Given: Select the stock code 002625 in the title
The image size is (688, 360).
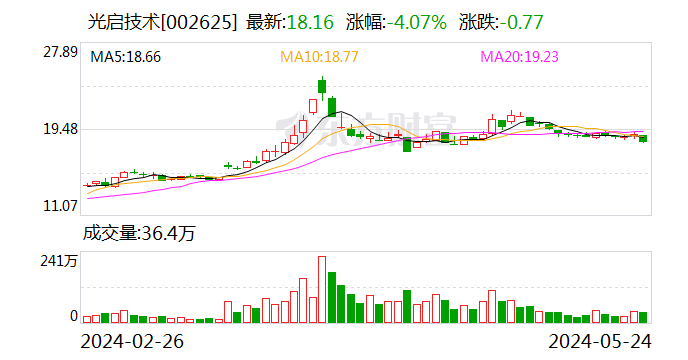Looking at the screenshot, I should click(206, 21).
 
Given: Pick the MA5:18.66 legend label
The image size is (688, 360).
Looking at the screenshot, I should click(126, 57).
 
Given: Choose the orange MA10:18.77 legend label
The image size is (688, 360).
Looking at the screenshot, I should click(319, 57).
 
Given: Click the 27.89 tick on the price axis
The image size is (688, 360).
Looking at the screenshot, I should click(59, 52).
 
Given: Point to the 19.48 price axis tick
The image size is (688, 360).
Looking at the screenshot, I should click(59, 129).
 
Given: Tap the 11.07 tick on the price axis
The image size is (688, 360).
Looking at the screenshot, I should click(59, 206).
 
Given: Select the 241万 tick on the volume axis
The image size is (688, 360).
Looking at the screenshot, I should click(59, 262).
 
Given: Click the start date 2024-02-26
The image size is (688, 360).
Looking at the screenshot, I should click(132, 341).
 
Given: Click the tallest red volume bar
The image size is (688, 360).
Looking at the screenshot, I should click(322, 289).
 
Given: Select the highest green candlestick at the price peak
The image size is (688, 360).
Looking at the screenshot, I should click(322, 89).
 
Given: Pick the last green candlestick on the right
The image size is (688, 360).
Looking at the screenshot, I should click(643, 138).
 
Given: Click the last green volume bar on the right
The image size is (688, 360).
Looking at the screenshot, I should click(643, 316).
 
